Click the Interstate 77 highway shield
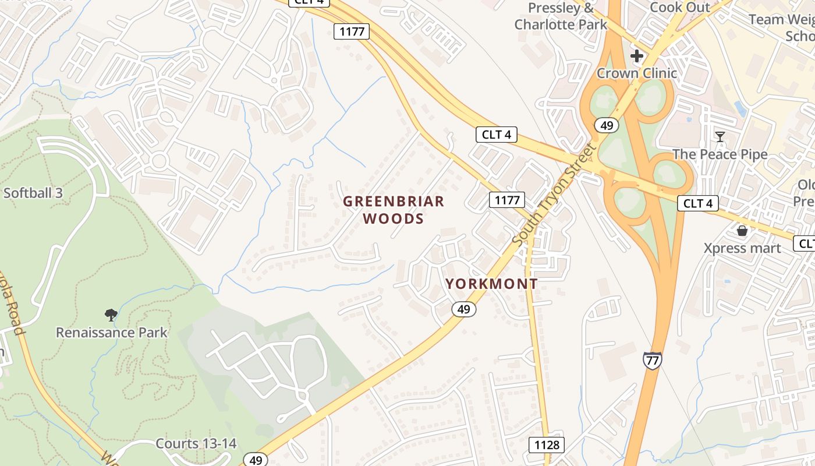click(x=653, y=360)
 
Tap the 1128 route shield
click(x=547, y=446)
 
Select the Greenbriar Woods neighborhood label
click(x=393, y=210)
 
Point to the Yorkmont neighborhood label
click(x=491, y=284)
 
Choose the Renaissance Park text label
click(x=111, y=333)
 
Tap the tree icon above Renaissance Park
click(x=111, y=315)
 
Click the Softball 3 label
click(x=33, y=193)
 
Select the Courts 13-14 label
click(x=196, y=443)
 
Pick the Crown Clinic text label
click(x=637, y=73)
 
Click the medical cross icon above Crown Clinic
click(x=637, y=56)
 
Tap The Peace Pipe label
click(x=720, y=154)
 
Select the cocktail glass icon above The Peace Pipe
click(x=720, y=137)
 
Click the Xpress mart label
click(x=742, y=248)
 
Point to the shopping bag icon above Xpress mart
click(x=742, y=231)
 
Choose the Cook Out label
click(x=679, y=8)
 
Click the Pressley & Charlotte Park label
click(x=561, y=16)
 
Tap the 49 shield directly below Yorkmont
click(x=464, y=309)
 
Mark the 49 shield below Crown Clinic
click(x=606, y=125)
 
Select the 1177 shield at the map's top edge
click(x=352, y=31)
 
